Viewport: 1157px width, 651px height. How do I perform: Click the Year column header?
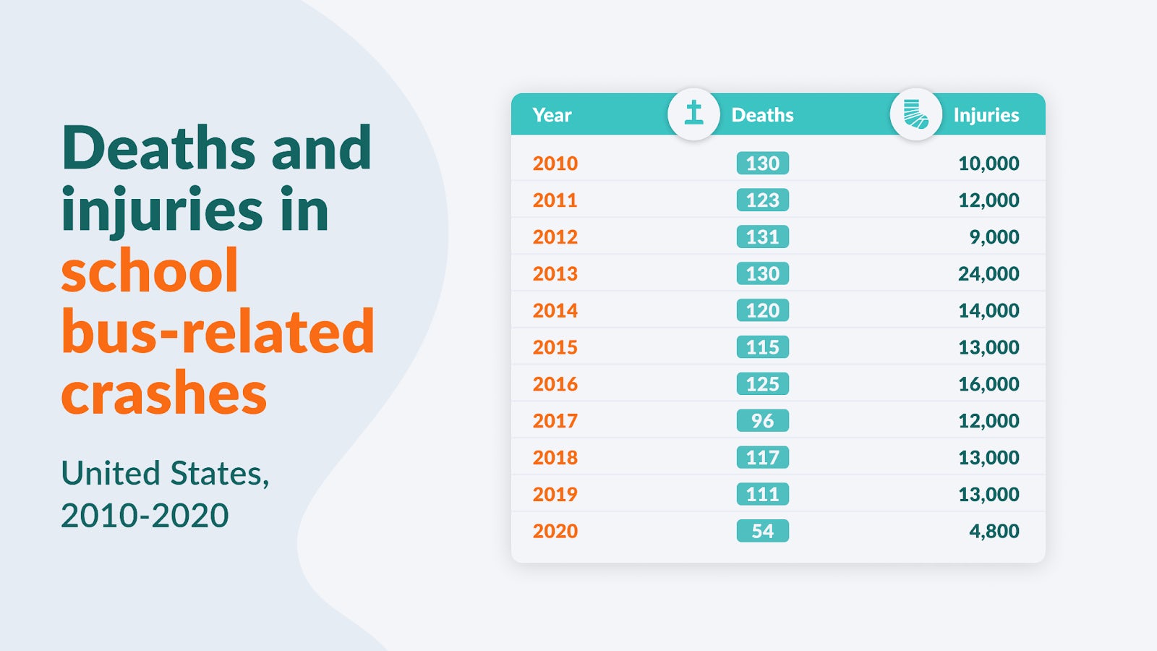[x=552, y=115]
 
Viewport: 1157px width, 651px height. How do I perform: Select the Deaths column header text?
[x=762, y=115]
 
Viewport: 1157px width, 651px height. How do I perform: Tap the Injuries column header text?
[x=986, y=115]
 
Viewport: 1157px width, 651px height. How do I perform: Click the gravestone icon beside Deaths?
[x=693, y=114]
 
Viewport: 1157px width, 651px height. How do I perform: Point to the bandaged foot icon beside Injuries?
[x=915, y=114]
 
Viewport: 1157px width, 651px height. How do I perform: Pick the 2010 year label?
[x=555, y=163]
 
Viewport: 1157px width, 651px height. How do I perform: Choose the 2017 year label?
[x=555, y=421]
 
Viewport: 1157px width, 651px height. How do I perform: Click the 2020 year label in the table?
[x=555, y=531]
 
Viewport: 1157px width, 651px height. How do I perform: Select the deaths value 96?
[x=762, y=421]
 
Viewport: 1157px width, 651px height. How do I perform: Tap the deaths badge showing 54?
[x=762, y=531]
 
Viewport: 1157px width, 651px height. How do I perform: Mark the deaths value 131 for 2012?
[x=762, y=237]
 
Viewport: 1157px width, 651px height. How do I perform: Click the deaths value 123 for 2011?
[x=762, y=200]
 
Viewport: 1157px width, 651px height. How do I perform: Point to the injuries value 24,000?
[x=988, y=274]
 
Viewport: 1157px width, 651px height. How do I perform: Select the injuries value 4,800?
[x=994, y=531]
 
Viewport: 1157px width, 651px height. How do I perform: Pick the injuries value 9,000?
[x=994, y=237]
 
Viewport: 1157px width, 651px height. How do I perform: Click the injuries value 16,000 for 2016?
[x=988, y=384]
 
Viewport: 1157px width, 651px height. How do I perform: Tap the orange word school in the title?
[x=150, y=271]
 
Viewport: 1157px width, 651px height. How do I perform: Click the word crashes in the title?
[x=164, y=393]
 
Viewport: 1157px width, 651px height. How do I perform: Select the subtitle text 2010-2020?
[x=145, y=516]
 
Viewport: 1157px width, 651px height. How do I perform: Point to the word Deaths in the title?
[x=158, y=148]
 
